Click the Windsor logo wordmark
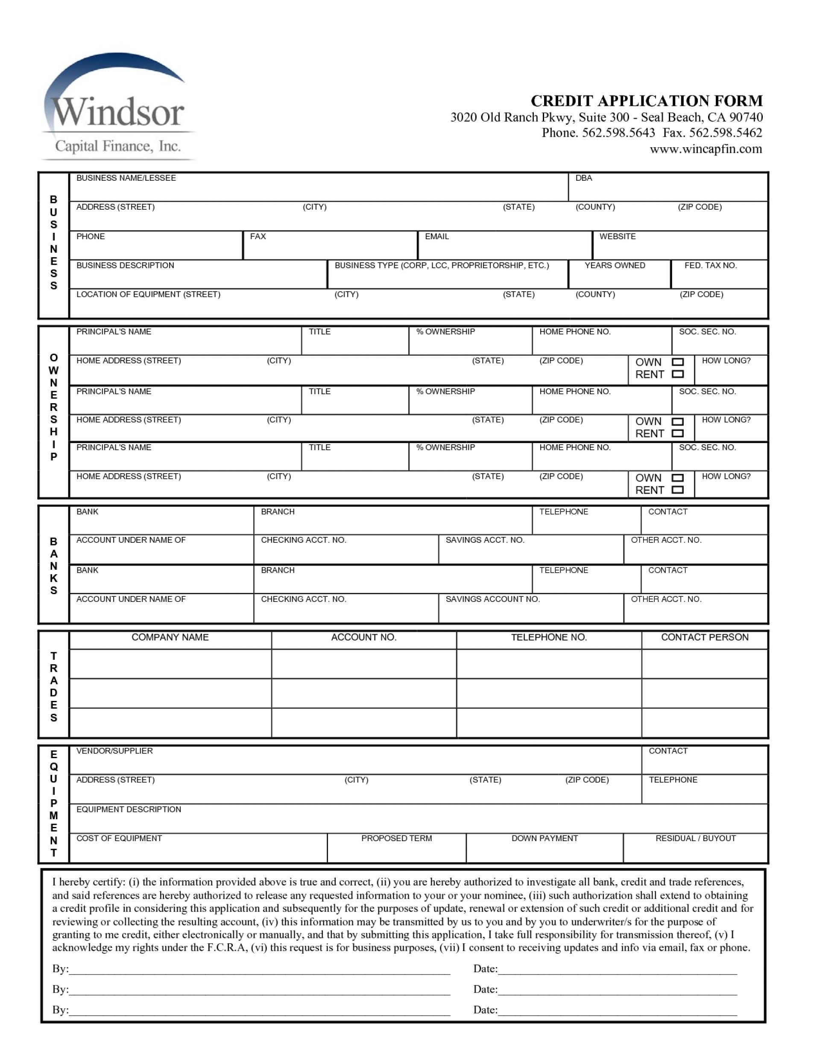click(117, 112)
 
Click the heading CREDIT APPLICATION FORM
click(646, 101)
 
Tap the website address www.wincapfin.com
click(706, 149)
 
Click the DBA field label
click(583, 178)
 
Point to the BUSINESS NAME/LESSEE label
click(126, 178)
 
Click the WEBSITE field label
click(617, 237)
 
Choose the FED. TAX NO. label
click(710, 266)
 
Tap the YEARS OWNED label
click(615, 266)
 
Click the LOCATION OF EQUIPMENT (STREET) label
click(148, 294)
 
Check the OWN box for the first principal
click(678, 362)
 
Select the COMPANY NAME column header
click(170, 637)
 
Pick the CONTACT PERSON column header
click(704, 637)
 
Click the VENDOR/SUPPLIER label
click(114, 751)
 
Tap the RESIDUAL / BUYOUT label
click(695, 838)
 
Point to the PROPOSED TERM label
click(396, 838)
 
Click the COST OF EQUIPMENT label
click(119, 838)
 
